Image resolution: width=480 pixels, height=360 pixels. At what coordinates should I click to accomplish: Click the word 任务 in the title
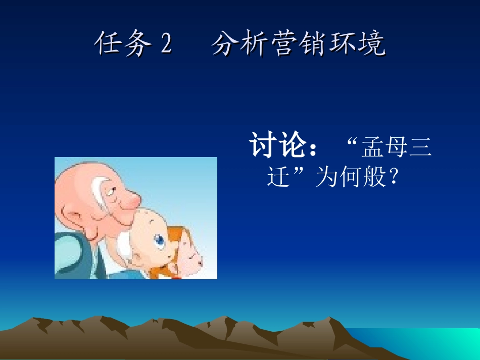(123, 44)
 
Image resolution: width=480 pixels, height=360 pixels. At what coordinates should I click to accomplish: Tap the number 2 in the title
(167, 45)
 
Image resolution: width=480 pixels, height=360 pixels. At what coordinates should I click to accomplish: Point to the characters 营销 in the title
(298, 44)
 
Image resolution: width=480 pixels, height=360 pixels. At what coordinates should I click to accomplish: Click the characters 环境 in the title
(357, 44)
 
